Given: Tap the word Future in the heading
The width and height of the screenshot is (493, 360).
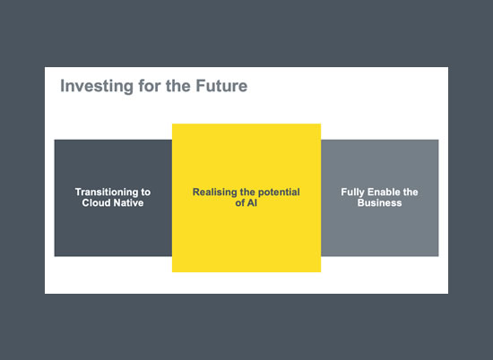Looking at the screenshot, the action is tap(221, 86).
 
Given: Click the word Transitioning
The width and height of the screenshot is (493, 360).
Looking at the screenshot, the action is tap(106, 193).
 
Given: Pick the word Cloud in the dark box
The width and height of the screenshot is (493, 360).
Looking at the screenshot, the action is tap(96, 203).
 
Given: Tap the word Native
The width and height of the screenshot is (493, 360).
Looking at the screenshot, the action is tap(128, 203).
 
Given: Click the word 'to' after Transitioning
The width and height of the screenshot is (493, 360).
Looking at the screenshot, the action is tap(145, 193).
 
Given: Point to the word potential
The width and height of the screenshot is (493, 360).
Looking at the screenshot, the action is tap(279, 193).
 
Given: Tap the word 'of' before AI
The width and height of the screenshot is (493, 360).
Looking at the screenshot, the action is tap(240, 203).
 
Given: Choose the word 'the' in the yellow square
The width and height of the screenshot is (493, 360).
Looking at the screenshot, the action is tap(247, 192).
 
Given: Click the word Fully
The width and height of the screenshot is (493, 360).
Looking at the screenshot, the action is tap(352, 193).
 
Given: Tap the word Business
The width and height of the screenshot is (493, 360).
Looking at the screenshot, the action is tap(379, 203).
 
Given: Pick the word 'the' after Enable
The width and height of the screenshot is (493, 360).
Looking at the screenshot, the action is tap(410, 192).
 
